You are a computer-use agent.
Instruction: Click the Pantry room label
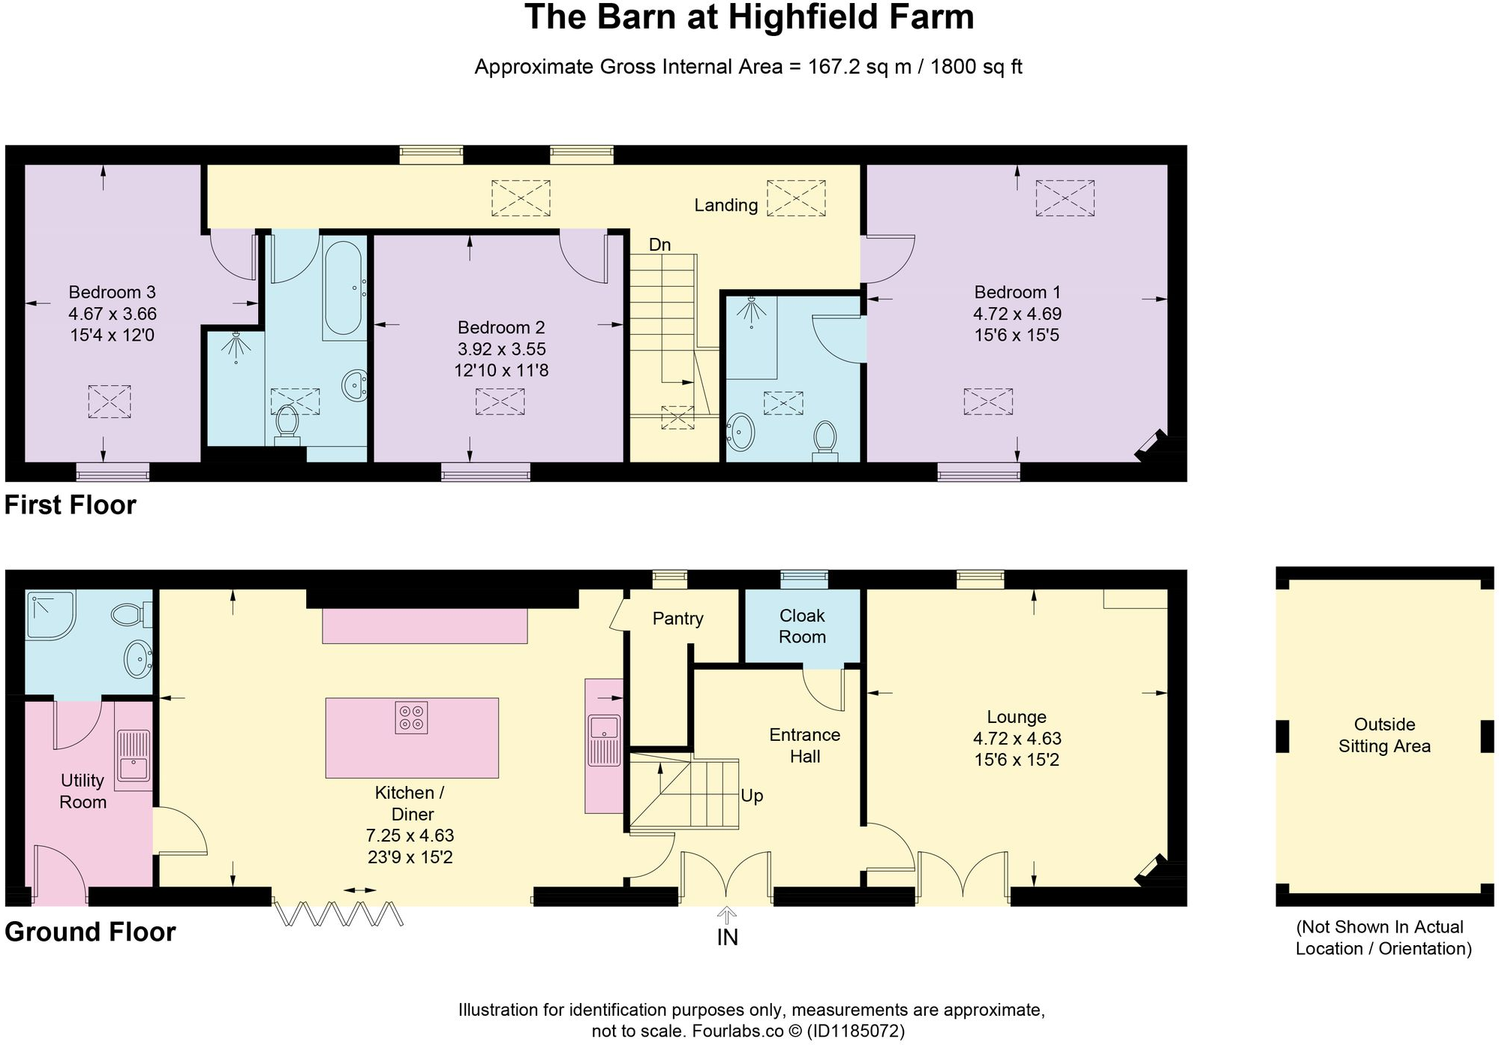coord(677,619)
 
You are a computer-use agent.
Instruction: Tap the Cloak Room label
coord(801,626)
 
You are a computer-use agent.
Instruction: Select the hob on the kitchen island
coord(411,717)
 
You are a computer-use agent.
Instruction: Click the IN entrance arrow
coord(727,916)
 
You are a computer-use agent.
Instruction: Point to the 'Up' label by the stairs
coord(752,796)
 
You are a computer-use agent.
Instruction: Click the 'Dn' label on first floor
coord(659,245)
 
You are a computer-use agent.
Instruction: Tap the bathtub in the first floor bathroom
coord(344,288)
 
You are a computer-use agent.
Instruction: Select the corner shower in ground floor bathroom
coord(48,615)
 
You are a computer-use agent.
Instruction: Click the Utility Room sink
coord(133,760)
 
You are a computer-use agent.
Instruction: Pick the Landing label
coord(725,205)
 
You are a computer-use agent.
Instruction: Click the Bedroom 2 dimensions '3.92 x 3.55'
coord(501,349)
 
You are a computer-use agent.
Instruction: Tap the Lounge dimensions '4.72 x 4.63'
coord(1017,739)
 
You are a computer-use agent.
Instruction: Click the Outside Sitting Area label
coord(1384,735)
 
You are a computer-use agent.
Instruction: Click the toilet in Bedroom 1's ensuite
coord(825,438)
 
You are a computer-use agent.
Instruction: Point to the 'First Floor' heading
coord(71,505)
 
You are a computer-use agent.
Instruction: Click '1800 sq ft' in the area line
coord(976,67)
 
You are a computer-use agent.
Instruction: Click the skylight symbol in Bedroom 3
coord(110,402)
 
